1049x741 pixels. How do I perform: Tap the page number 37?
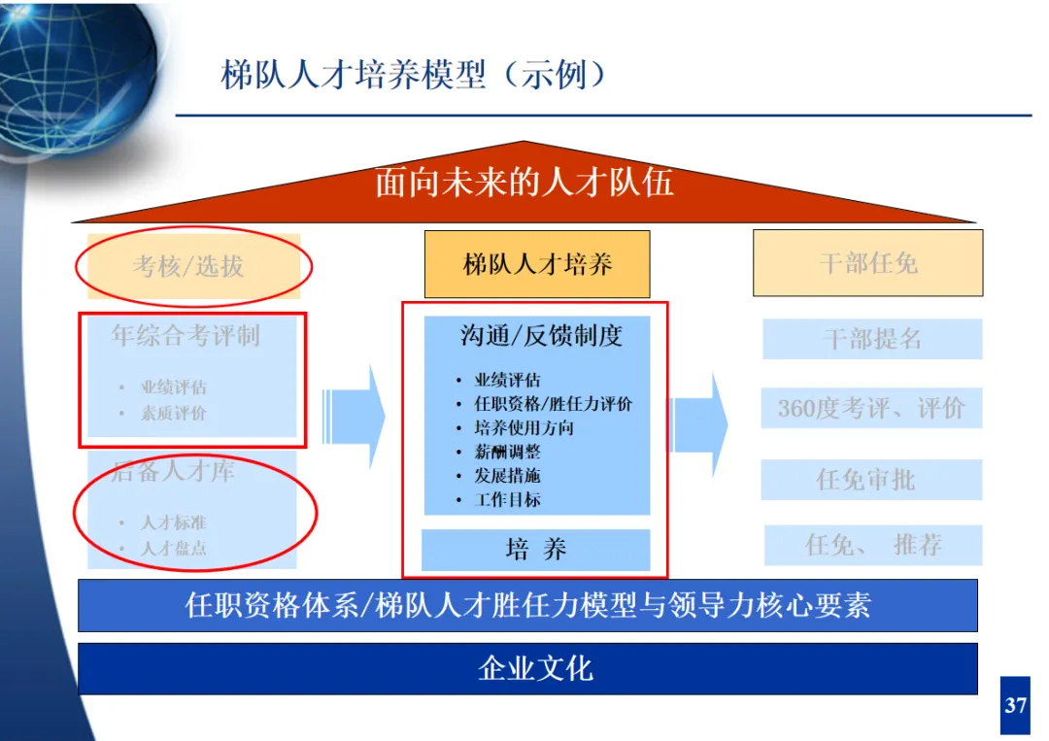[1015, 705]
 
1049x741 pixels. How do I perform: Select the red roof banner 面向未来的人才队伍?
[524, 183]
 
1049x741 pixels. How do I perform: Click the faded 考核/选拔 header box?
[192, 264]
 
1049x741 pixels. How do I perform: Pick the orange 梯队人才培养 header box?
[537, 264]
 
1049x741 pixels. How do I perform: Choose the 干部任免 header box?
[867, 263]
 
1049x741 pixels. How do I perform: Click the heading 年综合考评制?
[186, 336]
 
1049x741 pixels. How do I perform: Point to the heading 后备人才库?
[173, 472]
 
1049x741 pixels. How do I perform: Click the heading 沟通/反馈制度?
[541, 336]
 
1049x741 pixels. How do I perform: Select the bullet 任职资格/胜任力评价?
[553, 404]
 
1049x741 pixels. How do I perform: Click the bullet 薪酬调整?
[507, 452]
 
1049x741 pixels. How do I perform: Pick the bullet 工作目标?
[507, 500]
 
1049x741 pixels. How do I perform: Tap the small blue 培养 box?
[536, 550]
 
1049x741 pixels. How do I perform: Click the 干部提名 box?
[872, 339]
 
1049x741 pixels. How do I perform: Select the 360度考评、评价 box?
[871, 408]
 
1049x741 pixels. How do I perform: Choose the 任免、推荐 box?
[873, 545]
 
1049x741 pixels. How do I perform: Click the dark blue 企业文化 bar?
[527, 668]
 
